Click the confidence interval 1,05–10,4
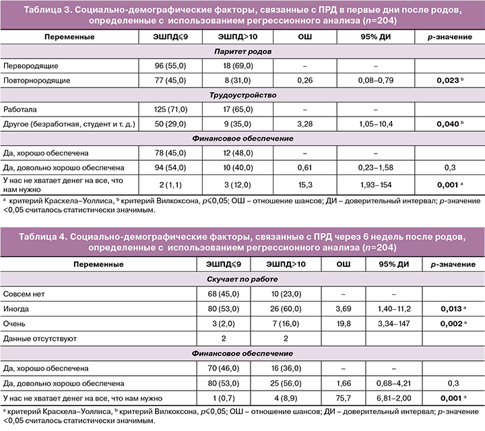click(377, 124)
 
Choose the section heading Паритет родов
click(242, 52)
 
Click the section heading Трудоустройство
click(242, 95)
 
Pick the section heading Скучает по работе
click(242, 279)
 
